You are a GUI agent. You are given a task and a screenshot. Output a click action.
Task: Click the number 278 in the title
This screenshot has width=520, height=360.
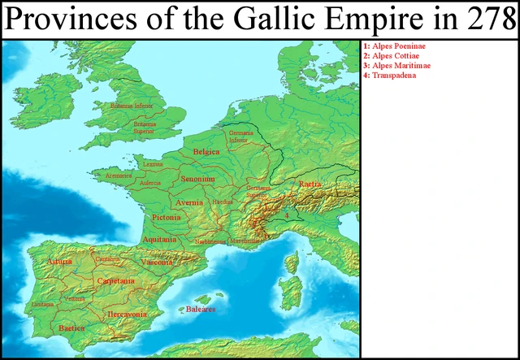(486, 20)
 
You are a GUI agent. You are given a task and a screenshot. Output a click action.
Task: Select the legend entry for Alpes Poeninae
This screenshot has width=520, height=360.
(397, 46)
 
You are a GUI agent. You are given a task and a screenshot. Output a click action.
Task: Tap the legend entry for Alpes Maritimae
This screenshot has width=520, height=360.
(397, 66)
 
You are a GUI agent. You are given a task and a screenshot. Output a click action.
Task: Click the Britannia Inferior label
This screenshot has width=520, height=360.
(133, 106)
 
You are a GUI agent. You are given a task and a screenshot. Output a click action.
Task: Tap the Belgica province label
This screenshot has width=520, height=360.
(206, 153)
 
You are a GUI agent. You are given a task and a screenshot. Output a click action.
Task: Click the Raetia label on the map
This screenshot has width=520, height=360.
(310, 184)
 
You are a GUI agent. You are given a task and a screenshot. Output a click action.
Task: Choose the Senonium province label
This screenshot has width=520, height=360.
(197, 177)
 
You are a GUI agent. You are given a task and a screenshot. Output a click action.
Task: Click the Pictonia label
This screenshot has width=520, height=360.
(166, 218)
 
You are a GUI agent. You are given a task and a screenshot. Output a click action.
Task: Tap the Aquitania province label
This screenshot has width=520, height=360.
(159, 240)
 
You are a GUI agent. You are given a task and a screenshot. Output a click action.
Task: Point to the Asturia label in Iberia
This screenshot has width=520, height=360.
(59, 262)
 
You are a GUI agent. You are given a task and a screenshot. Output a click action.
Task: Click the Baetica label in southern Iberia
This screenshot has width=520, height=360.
(71, 327)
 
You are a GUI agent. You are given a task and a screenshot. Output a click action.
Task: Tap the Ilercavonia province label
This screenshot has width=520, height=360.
(127, 314)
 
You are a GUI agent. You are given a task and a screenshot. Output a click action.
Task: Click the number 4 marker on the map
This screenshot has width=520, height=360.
(286, 215)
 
